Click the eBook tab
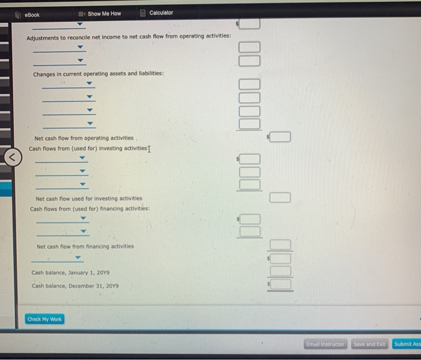click(31, 14)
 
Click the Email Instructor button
click(325, 344)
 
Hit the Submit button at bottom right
click(407, 344)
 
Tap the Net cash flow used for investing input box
click(280, 197)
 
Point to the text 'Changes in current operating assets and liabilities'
click(98, 73)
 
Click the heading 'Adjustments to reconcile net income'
click(129, 37)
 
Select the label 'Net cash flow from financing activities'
click(85, 246)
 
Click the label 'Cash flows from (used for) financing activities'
click(90, 209)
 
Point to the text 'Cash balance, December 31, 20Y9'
click(75, 285)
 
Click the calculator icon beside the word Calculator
click(143, 13)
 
